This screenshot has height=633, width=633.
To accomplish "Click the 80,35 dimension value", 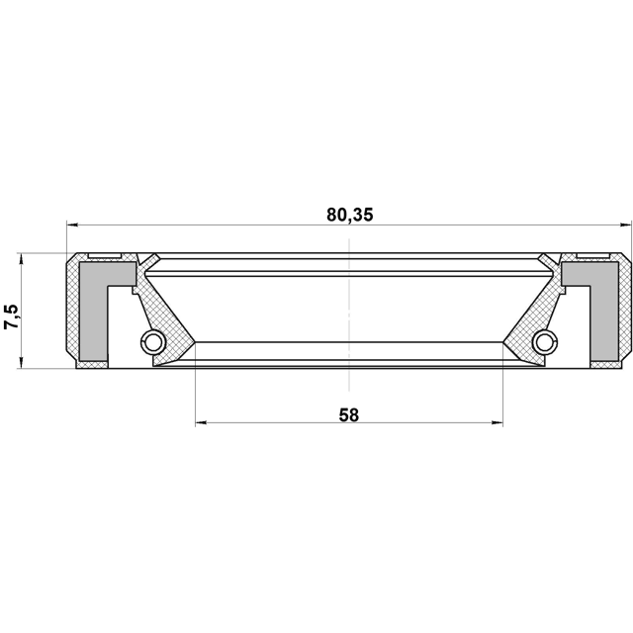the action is click(350, 215).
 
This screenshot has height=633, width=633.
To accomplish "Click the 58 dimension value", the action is click(349, 415).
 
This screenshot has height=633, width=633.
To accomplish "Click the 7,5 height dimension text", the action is click(12, 316).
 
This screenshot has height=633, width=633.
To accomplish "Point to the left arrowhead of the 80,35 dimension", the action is click(72, 225).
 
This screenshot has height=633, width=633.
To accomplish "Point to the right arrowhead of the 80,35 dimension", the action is click(625, 225).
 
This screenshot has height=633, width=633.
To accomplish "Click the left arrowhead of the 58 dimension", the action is click(201, 422).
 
